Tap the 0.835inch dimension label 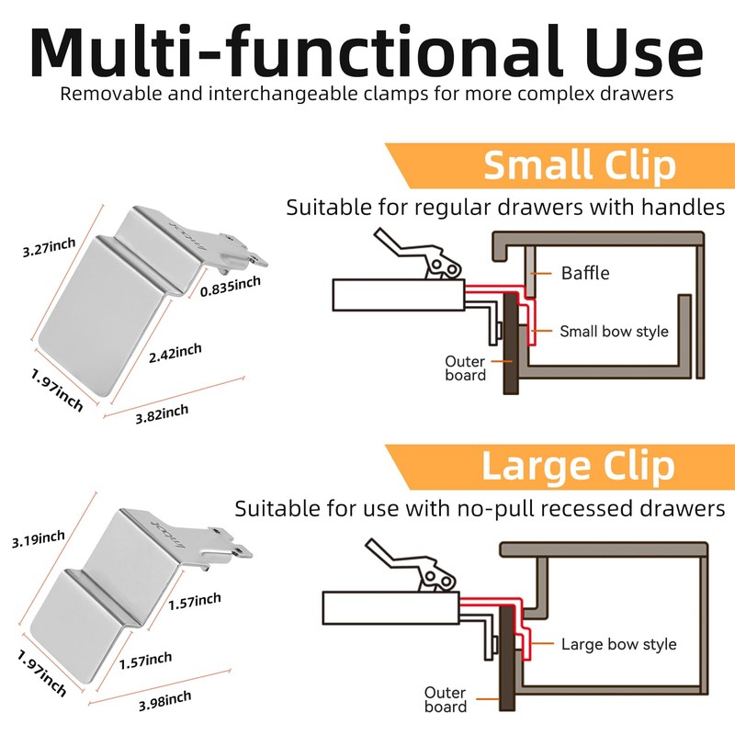click(x=232, y=286)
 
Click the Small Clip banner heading click(x=579, y=165)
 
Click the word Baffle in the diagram click(x=585, y=273)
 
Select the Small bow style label click(x=614, y=331)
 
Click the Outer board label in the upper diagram click(x=465, y=367)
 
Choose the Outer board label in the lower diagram click(x=445, y=699)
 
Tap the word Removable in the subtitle click(x=101, y=94)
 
